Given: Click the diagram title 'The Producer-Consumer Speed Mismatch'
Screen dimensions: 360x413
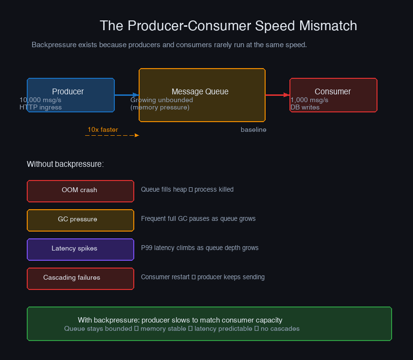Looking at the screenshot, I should tap(228, 26).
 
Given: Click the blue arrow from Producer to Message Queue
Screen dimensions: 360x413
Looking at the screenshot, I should tap(126, 95).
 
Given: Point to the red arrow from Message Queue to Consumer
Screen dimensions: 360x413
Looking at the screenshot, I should tap(277, 95).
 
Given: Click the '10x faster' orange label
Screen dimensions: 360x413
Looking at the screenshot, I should tap(103, 129).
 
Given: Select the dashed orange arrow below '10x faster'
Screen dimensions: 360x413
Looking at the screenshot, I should tap(112, 135).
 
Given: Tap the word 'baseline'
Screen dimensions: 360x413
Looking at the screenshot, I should tap(253, 130).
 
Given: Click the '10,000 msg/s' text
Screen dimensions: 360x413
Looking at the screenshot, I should tap(40, 100).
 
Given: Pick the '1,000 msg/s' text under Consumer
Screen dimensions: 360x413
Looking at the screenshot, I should tap(309, 100).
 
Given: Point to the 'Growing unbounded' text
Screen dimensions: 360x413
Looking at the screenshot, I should tap(162, 100).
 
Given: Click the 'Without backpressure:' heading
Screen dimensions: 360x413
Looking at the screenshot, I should tap(65, 164).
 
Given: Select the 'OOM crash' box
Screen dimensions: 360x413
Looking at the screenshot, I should tap(80, 191).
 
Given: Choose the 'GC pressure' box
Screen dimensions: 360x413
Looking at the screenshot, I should tap(80, 220).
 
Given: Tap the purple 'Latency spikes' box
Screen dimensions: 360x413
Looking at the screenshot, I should tap(80, 249).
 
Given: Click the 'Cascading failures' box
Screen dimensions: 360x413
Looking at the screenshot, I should tap(80, 278).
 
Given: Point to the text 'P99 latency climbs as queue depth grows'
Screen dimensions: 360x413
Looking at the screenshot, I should tap(199, 248).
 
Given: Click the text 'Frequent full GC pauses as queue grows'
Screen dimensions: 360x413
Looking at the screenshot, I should tap(198, 218).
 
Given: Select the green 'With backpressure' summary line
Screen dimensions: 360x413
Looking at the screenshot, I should tap(180, 320).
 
